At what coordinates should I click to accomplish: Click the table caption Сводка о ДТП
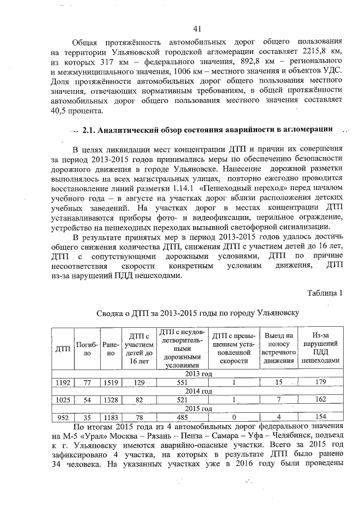[x=196, y=312]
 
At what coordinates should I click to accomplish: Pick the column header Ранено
[x=111, y=349]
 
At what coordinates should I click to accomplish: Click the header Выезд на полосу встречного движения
[x=278, y=349]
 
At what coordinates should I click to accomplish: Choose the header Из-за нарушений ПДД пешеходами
[x=320, y=349]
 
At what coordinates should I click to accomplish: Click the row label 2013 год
[x=196, y=373]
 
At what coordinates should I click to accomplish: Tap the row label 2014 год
[x=196, y=391]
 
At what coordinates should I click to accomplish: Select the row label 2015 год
[x=196, y=408]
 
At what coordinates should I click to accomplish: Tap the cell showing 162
[x=320, y=400]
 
